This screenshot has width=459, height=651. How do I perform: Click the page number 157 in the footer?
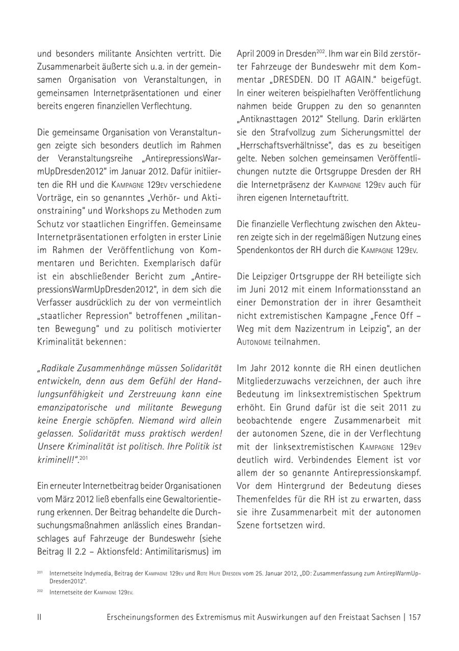coord(414,617)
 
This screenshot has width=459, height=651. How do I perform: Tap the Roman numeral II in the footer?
coord(39,617)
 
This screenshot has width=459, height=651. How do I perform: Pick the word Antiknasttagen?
coord(270,119)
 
